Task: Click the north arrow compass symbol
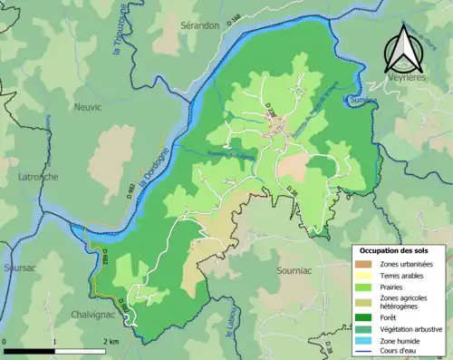pos(404,49)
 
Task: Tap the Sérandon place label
pos(199,25)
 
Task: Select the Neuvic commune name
pos(86,106)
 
